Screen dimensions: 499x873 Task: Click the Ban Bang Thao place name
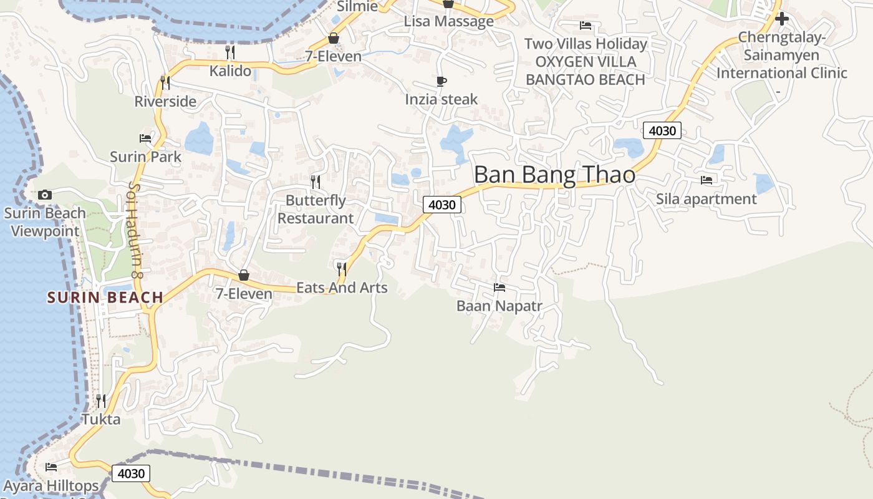click(x=554, y=175)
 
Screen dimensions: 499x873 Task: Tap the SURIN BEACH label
click(x=105, y=298)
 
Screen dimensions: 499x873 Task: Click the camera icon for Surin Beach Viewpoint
click(x=44, y=195)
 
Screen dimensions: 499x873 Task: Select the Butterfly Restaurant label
click(x=316, y=210)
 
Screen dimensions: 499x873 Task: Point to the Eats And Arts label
click(x=342, y=288)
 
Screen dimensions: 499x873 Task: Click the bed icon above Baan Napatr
click(x=499, y=288)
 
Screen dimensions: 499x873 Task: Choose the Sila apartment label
click(x=706, y=199)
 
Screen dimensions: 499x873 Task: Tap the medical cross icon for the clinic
click(x=781, y=19)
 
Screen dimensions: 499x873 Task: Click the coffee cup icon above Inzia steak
click(x=441, y=81)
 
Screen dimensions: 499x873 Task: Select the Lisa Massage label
click(x=448, y=21)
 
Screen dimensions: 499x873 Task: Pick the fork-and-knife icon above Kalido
click(x=230, y=52)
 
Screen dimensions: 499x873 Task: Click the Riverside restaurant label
click(x=165, y=101)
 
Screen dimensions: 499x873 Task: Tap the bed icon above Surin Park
click(x=145, y=138)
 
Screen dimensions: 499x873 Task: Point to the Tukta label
click(x=101, y=419)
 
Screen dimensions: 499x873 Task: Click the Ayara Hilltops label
click(x=51, y=486)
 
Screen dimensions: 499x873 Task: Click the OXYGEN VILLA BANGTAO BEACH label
click(x=585, y=71)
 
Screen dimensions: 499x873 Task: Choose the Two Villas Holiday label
click(x=586, y=44)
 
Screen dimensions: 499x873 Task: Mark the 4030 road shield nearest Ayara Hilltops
click(x=131, y=473)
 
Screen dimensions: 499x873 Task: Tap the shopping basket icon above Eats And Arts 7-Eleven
click(x=244, y=275)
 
